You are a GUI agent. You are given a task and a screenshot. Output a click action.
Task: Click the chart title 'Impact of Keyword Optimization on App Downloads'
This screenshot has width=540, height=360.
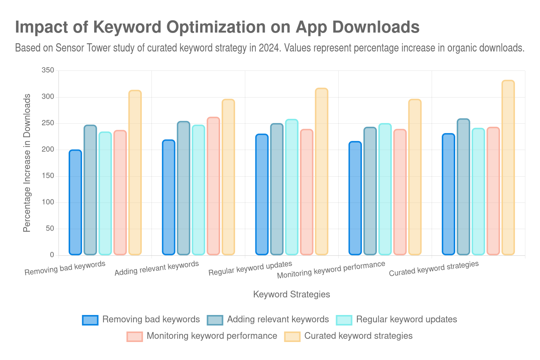pyautogui.click(x=217, y=27)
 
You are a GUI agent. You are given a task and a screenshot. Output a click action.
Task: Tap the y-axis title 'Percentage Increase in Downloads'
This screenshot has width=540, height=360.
pyautogui.click(x=27, y=163)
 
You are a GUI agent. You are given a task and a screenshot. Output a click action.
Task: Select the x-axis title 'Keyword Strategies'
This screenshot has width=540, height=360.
pyautogui.click(x=291, y=294)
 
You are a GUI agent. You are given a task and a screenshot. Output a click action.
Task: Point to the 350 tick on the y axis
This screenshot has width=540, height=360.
pyautogui.click(x=48, y=70)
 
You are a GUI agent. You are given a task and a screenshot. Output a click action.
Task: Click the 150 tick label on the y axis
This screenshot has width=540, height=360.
pyautogui.click(x=48, y=176)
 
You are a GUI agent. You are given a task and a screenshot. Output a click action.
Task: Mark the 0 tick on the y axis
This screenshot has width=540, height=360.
pyautogui.click(x=52, y=255)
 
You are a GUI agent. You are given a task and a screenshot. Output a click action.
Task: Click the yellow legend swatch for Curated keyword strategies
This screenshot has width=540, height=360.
pyautogui.click(x=292, y=336)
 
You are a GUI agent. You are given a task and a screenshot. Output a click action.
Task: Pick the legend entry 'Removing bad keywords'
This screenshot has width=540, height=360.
pyautogui.click(x=151, y=319)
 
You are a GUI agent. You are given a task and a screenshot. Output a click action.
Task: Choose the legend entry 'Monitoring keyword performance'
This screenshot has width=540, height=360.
pyautogui.click(x=212, y=336)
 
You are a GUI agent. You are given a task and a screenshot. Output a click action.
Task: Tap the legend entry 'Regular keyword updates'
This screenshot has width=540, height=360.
pyautogui.click(x=406, y=319)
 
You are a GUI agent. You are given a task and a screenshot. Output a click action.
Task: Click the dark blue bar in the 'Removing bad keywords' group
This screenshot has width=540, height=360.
pyautogui.click(x=75, y=202)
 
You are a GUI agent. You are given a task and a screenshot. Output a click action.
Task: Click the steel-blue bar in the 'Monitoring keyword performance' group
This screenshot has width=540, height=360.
pyautogui.click(x=370, y=191)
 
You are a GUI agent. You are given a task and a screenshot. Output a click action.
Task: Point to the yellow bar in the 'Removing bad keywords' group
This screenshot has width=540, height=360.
pyautogui.click(x=135, y=172)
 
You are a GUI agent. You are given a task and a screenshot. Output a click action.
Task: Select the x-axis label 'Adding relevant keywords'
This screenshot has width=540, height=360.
pyautogui.click(x=156, y=268)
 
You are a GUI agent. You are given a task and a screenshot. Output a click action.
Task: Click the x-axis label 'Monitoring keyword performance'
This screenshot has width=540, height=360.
pyautogui.click(x=331, y=270)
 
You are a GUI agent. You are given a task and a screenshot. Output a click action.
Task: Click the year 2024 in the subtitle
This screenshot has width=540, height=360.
pyautogui.click(x=269, y=48)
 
